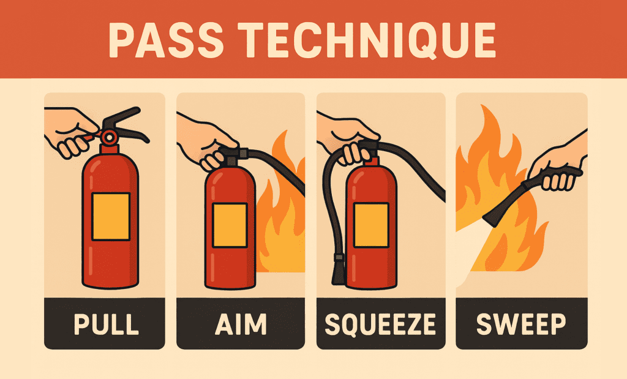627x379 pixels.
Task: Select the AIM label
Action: click(x=240, y=324)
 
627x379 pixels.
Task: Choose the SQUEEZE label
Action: click(x=380, y=324)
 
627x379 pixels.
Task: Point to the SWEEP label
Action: click(x=522, y=324)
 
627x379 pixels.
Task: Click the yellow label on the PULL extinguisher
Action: click(x=111, y=216)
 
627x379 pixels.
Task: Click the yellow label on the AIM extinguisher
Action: click(x=230, y=225)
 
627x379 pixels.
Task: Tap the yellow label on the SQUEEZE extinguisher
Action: click(x=370, y=225)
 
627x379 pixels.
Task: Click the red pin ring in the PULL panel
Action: click(x=110, y=136)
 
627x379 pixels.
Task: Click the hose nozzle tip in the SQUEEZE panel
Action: click(x=338, y=269)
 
